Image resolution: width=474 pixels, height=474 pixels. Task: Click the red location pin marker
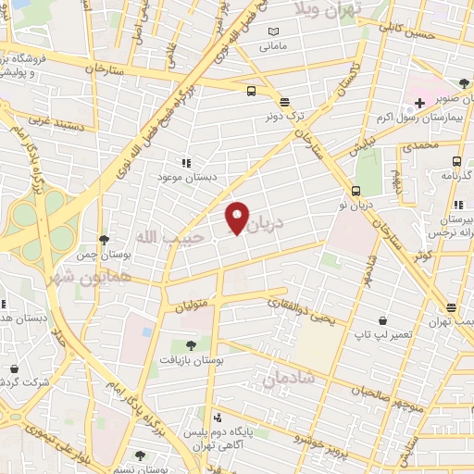(x=237, y=218)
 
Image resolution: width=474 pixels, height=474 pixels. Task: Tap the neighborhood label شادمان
(x=288, y=378)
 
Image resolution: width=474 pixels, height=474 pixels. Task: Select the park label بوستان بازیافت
(x=191, y=358)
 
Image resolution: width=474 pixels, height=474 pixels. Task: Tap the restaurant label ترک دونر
(x=284, y=118)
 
